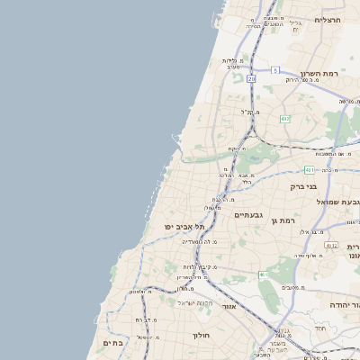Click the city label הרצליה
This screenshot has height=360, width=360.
[328, 20]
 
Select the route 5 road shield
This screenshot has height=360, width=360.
[274, 69]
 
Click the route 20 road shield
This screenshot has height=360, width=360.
[251, 79]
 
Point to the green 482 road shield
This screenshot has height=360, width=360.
[285, 119]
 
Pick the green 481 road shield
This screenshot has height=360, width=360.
[309, 169]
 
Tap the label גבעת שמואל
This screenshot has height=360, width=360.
[336, 202]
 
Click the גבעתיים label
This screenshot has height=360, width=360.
[248, 215]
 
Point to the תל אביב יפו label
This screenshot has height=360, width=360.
[184, 227]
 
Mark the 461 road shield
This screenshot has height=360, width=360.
[262, 274]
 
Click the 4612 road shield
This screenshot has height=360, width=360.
[331, 245]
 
